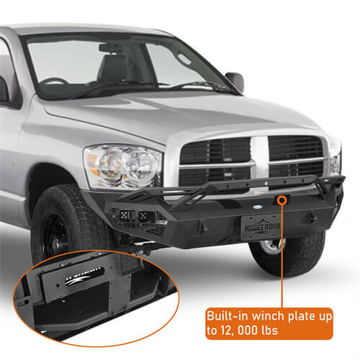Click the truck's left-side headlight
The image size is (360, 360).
coord(122,166)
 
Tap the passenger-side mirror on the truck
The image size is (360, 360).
coord(235,81)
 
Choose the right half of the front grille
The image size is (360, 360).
coord(297,158)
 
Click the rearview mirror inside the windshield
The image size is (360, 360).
coord(110,48)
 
